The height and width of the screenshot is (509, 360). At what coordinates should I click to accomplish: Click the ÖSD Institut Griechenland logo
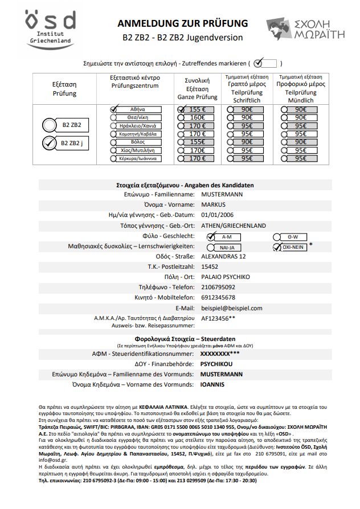click(51, 30)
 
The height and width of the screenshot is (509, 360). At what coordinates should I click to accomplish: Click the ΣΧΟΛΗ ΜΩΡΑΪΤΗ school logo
click(305, 28)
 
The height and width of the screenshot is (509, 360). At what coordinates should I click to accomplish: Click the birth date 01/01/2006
click(218, 215)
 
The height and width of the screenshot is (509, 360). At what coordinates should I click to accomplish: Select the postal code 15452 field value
click(211, 266)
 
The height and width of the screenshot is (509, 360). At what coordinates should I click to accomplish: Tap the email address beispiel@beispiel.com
click(232, 308)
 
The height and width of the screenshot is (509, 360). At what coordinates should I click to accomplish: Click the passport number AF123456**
click(219, 319)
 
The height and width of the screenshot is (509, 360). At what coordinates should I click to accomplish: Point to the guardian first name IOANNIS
click(212, 384)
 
